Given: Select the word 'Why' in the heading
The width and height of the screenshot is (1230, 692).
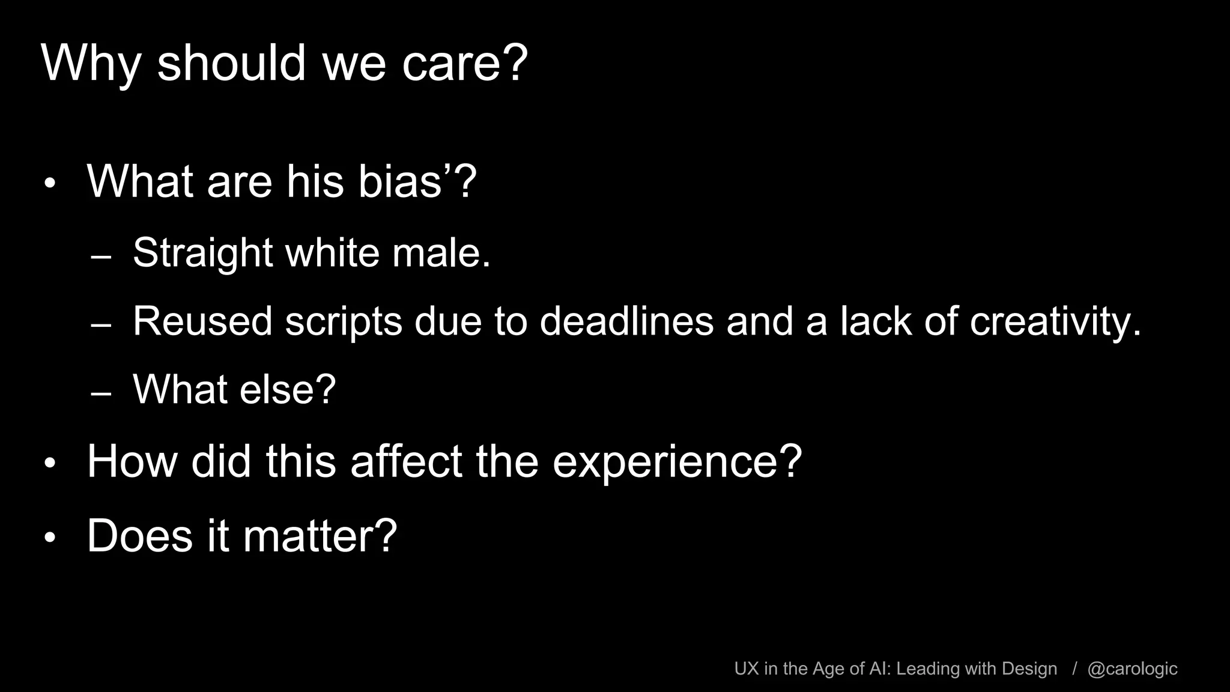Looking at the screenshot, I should [91, 63].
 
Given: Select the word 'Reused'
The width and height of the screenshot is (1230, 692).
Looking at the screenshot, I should [202, 321].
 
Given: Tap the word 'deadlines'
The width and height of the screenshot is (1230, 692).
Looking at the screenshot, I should [626, 321].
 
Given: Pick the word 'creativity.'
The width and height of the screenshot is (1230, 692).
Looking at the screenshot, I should [1055, 321].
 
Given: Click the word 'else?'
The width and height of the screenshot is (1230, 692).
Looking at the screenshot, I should [288, 389].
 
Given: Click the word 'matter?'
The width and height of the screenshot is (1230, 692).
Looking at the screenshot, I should [320, 535].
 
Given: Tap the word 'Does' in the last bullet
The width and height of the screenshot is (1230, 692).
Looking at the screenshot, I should [140, 535].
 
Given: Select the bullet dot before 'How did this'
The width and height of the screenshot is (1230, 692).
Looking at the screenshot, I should [50, 464].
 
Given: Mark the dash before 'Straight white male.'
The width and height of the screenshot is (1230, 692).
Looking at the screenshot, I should [101, 257].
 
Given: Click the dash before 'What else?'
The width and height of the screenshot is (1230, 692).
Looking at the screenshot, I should [101, 394].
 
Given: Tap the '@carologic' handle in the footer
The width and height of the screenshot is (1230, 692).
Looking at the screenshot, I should [1132, 669].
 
